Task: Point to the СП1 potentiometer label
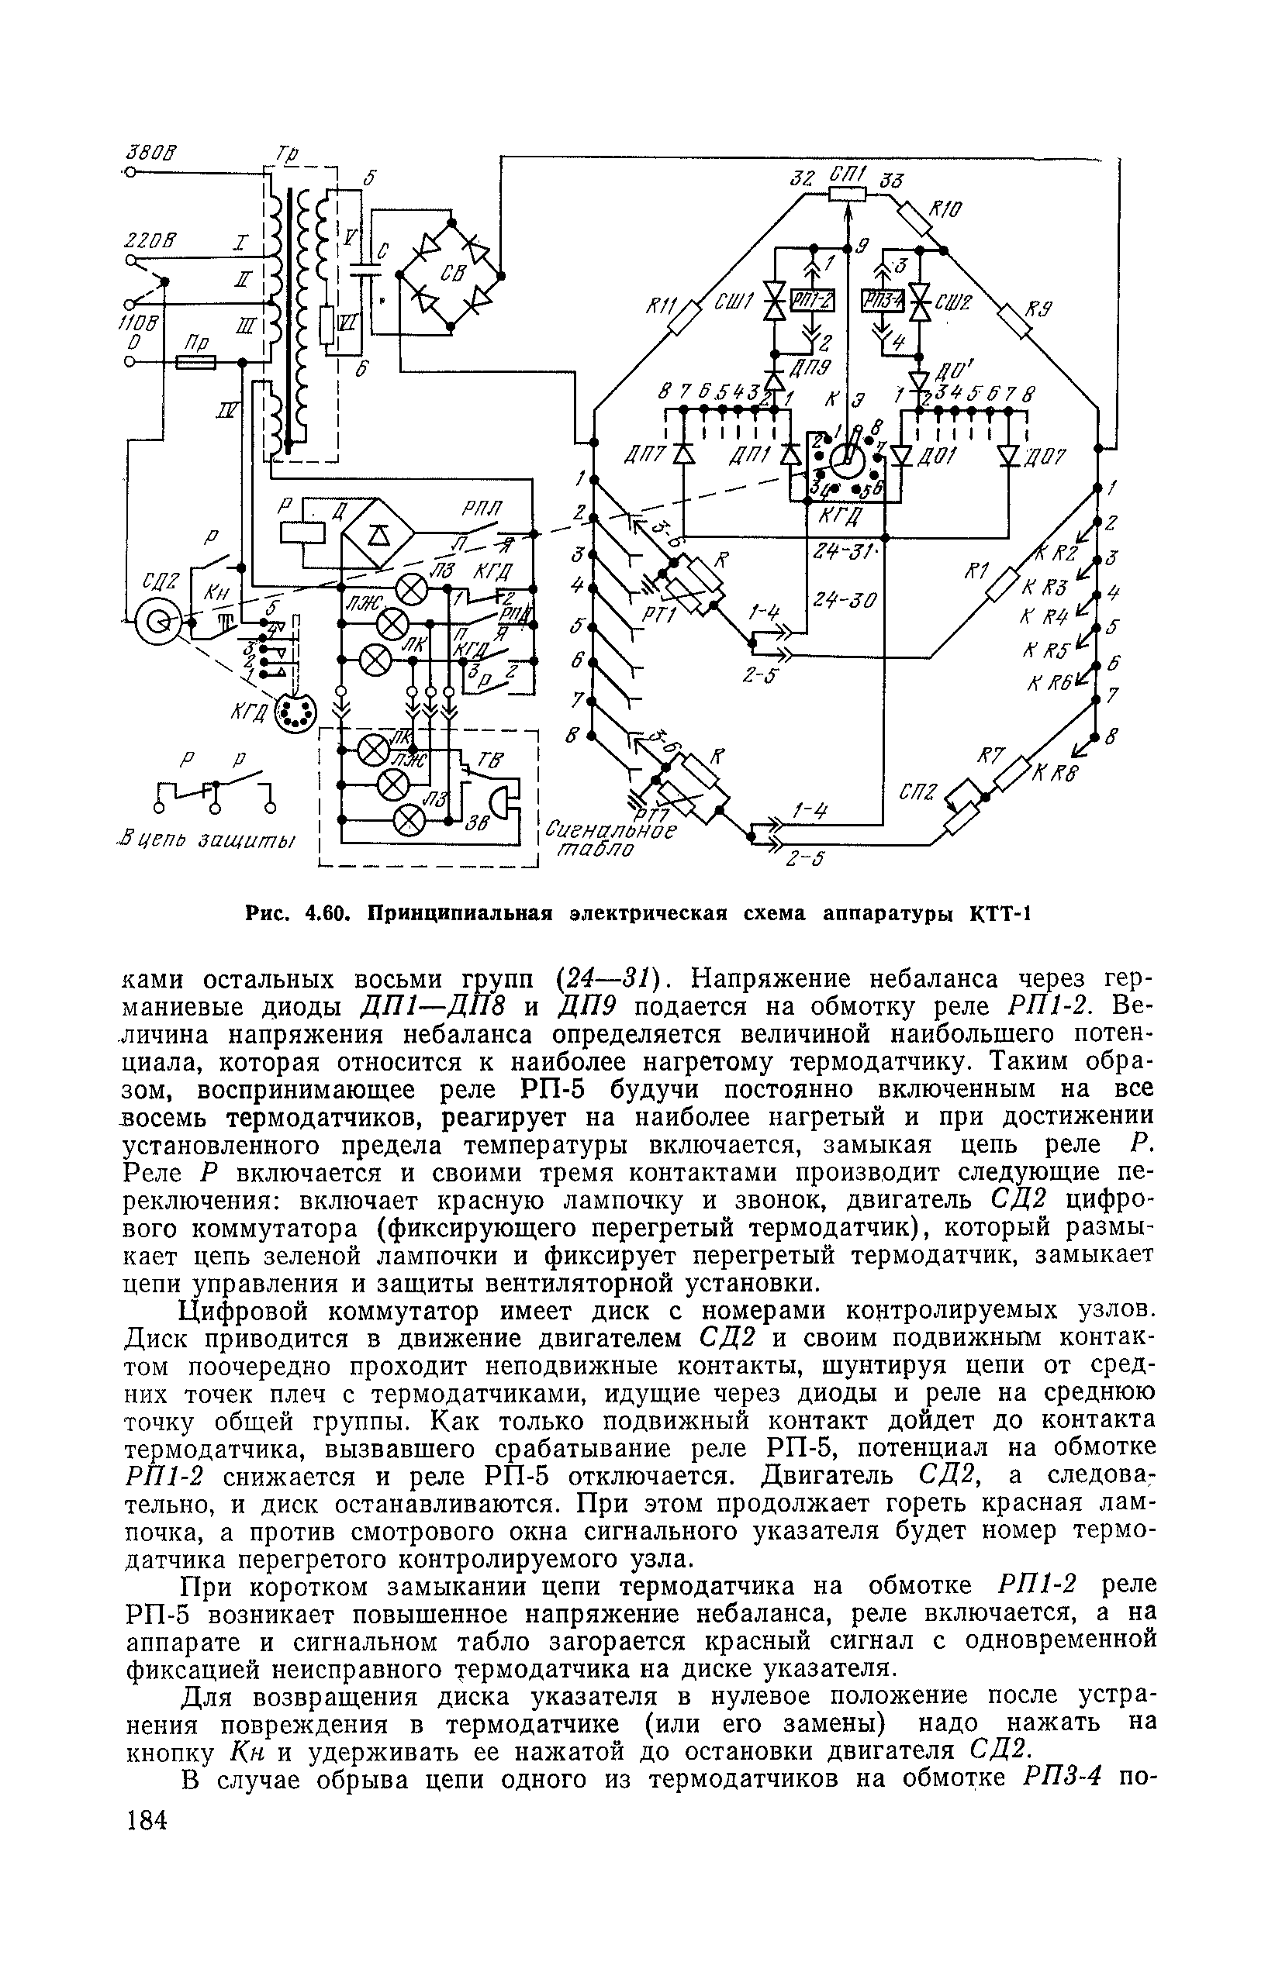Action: click(x=848, y=174)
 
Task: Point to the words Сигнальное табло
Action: click(x=609, y=837)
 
